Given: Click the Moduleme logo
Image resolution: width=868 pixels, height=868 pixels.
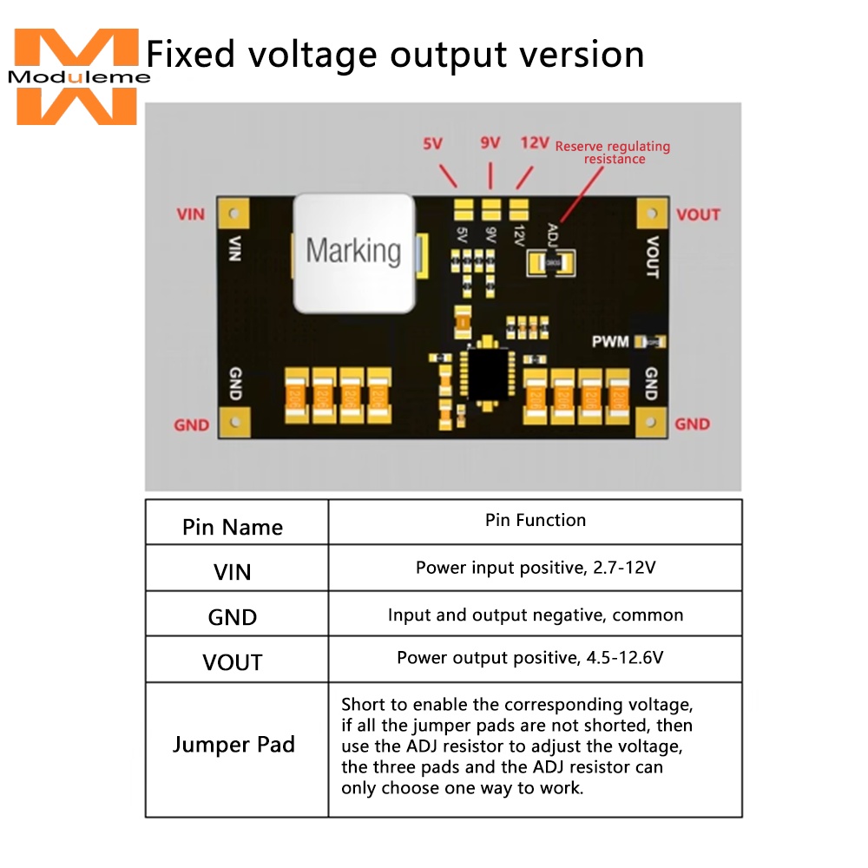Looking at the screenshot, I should (76, 76).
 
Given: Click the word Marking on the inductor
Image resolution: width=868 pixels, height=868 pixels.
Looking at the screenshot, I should (353, 251).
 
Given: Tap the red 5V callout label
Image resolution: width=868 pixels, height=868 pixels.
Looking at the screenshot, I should (433, 144).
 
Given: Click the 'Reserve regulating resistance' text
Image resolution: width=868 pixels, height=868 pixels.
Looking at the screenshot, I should (613, 153).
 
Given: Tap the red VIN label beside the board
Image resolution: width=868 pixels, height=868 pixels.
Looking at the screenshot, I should (191, 214).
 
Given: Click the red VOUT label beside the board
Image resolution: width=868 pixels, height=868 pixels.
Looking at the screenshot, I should (698, 214).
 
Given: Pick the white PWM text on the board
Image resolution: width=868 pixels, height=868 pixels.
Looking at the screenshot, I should (610, 342).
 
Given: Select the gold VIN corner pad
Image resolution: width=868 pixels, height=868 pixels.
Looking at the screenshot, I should (233, 213).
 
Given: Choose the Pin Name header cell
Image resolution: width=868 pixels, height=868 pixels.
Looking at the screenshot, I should (233, 527).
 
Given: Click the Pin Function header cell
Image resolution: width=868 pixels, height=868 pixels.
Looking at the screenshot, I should (536, 520).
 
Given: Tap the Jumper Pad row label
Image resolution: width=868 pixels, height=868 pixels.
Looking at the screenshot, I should (233, 745).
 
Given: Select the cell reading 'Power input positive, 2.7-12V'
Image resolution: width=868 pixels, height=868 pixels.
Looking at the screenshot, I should (536, 569).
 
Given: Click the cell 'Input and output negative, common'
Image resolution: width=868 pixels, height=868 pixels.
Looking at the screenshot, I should (536, 615).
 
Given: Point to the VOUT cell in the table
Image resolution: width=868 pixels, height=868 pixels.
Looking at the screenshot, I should (233, 662).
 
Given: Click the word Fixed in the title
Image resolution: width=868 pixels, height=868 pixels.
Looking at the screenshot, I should (191, 54).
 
